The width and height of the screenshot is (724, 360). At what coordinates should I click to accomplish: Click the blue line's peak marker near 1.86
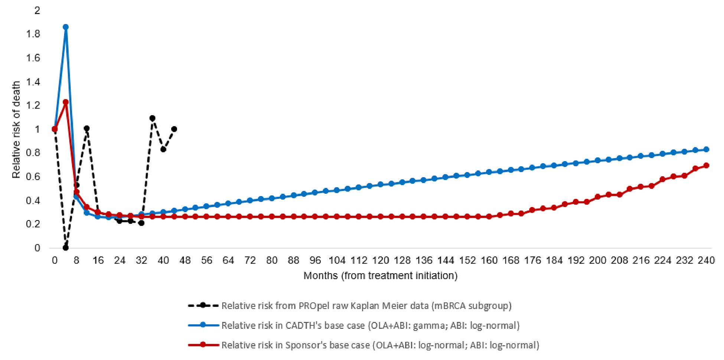click(x=66, y=27)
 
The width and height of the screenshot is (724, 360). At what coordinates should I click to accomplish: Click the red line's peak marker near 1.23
click(x=66, y=102)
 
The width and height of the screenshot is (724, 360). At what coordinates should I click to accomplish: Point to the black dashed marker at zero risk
click(x=66, y=248)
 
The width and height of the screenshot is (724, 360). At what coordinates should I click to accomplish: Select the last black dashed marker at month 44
click(x=174, y=129)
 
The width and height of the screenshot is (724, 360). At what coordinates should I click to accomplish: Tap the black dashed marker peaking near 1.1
click(x=152, y=118)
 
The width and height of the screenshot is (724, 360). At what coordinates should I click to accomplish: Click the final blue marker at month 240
click(x=706, y=149)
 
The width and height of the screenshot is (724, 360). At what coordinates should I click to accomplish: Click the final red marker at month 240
click(x=706, y=166)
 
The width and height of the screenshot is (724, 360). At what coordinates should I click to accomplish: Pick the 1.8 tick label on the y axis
click(x=33, y=34)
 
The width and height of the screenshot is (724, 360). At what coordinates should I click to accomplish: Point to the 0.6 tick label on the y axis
click(x=33, y=177)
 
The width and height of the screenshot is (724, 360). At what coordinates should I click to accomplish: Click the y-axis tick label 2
click(x=37, y=10)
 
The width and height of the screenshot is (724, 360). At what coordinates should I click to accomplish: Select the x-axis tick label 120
click(x=380, y=261)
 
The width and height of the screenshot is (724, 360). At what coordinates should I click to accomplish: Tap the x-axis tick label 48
click(x=185, y=261)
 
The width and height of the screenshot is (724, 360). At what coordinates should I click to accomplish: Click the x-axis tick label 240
click(x=706, y=261)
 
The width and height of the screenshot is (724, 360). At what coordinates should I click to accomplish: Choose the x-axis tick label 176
click(x=532, y=261)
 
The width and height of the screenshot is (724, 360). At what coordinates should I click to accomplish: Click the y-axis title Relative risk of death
click(x=16, y=130)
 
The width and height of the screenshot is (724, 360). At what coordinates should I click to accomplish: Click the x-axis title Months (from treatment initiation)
click(x=380, y=276)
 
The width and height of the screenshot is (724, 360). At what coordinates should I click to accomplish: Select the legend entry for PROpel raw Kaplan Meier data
click(x=366, y=306)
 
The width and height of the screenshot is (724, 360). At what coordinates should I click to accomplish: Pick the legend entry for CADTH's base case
click(x=370, y=325)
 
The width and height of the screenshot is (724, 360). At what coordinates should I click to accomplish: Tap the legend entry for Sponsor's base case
click(x=380, y=345)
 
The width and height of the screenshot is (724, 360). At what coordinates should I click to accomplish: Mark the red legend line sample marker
click(x=203, y=345)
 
